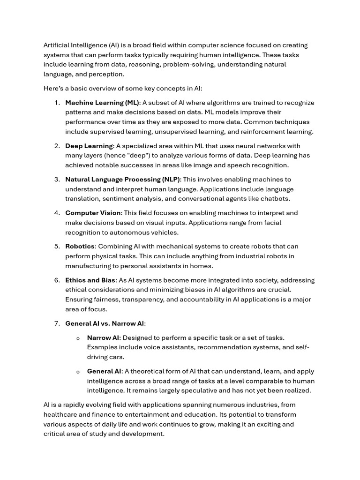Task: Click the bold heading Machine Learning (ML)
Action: [x=102, y=103]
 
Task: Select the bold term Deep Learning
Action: [x=89, y=146]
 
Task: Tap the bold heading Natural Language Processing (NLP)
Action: [x=123, y=180]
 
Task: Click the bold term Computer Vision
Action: [x=93, y=213]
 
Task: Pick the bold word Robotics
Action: [x=80, y=247]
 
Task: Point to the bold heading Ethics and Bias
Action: [x=90, y=280]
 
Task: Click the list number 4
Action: [x=57, y=213]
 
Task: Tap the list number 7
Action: [x=57, y=323]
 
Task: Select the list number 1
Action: [x=57, y=103]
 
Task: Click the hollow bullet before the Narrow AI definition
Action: [x=78, y=338]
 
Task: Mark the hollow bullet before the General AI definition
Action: [x=78, y=372]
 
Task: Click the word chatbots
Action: [x=275, y=199]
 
